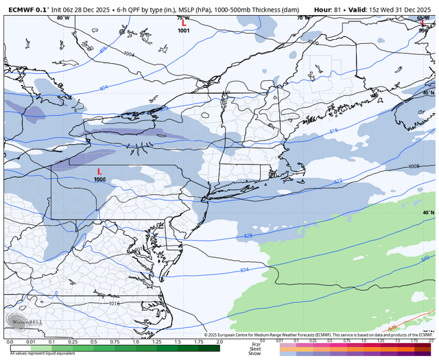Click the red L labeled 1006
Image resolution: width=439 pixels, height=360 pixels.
tap(99, 171)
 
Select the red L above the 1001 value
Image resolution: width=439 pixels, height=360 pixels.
tap(183, 23)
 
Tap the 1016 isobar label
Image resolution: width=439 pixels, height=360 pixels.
tap(113, 302)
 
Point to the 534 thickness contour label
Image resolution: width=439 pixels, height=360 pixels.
tap(245, 270)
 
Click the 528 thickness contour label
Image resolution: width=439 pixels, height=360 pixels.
tap(248, 236)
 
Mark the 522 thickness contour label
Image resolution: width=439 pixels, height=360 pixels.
tap(337, 181)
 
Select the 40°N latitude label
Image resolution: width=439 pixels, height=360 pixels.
tap(428, 213)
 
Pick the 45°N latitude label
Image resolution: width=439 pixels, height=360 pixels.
tap(428, 93)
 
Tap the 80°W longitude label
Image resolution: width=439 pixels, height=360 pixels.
tap(63, 18)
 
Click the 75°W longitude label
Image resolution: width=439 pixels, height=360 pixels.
tap(183, 18)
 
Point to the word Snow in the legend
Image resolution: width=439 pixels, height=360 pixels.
tap(255, 353)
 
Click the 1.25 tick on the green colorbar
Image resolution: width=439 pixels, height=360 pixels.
tap(156, 341)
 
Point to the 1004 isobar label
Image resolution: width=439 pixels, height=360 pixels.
tap(130, 53)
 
